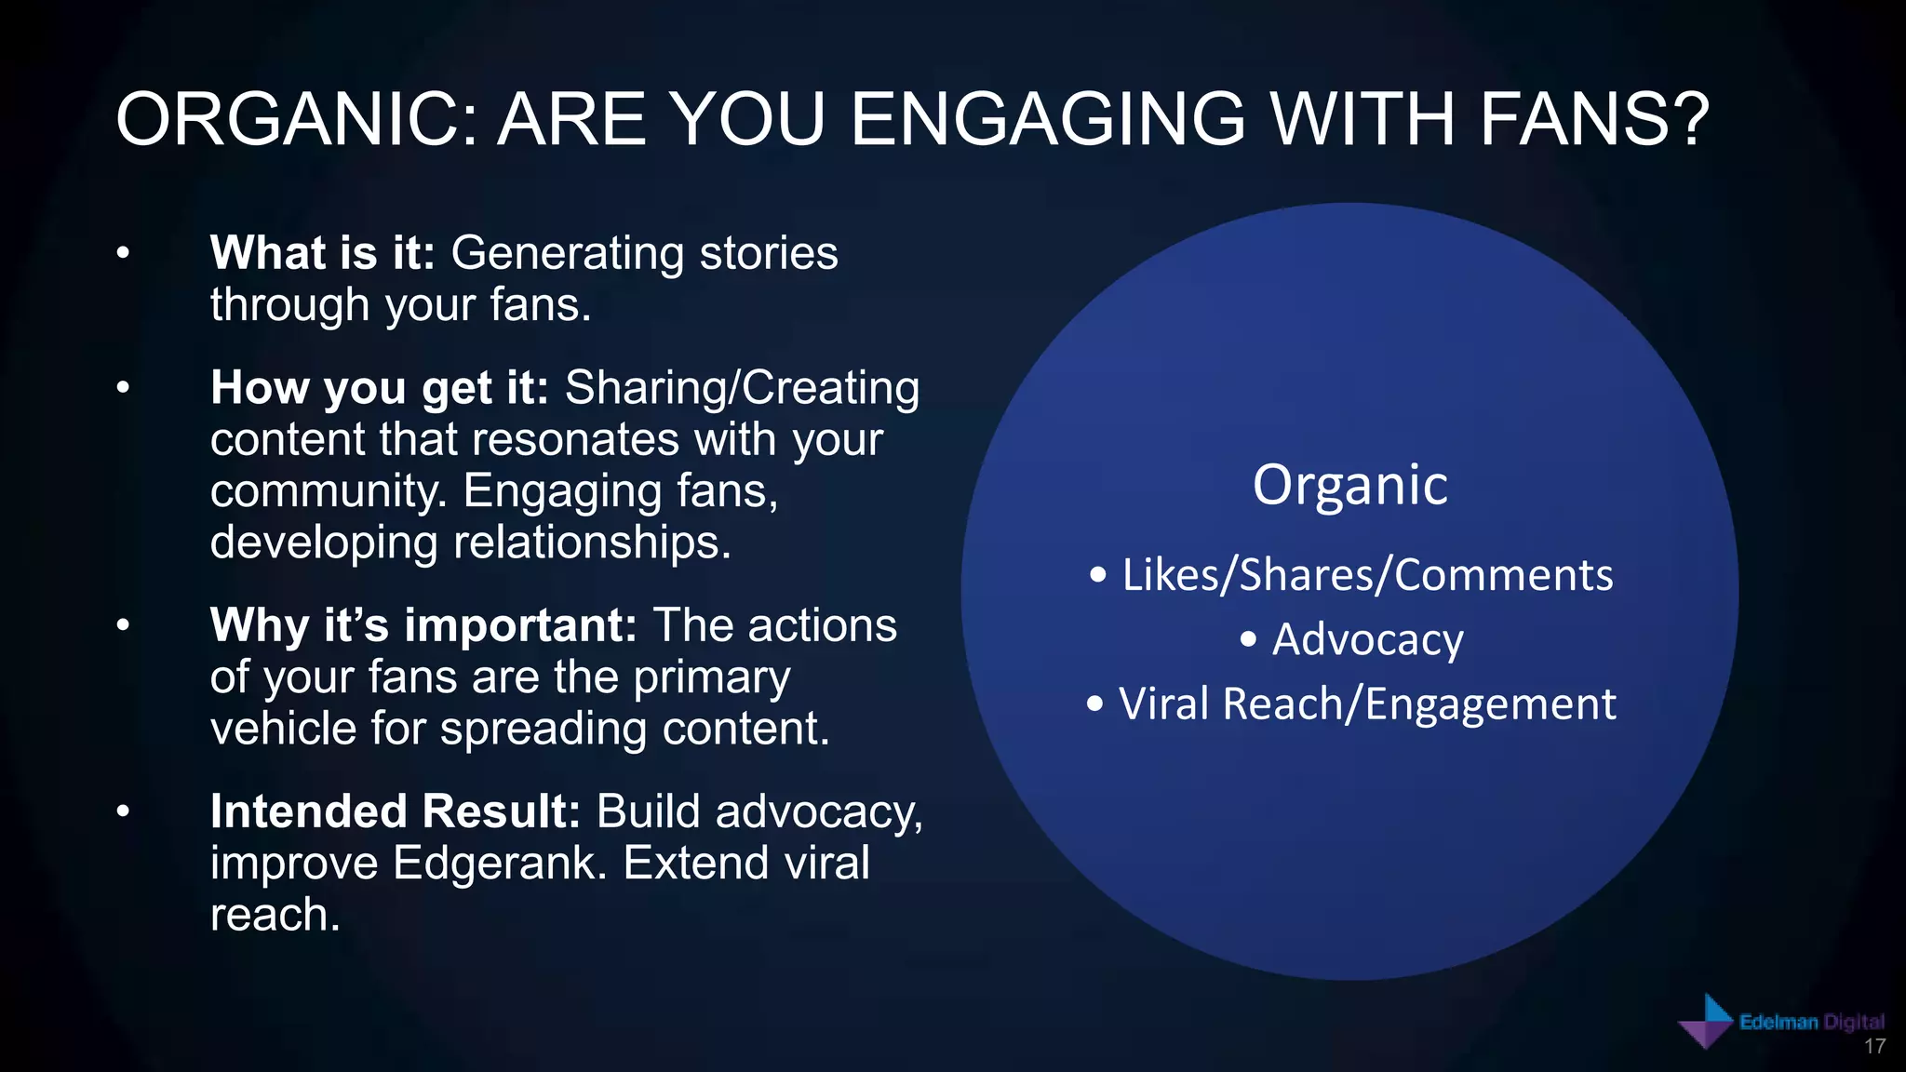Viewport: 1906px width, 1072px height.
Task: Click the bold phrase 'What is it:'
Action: [322, 253]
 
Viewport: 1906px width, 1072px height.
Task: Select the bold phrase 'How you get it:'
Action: [380, 388]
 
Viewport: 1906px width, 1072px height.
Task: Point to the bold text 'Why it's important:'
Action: [423, 625]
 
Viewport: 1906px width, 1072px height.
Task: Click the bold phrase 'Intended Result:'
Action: [396, 811]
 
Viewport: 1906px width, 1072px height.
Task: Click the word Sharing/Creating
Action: [742, 388]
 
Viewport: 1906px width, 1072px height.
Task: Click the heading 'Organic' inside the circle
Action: [1349, 485]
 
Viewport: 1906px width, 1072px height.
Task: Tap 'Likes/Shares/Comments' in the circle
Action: [1366, 575]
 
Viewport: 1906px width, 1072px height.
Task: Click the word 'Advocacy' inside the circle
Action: [1366, 640]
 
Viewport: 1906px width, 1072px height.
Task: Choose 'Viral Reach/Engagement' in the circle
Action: [1366, 704]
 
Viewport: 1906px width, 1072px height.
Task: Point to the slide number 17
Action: [1874, 1047]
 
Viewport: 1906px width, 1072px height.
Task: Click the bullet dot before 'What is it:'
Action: [123, 253]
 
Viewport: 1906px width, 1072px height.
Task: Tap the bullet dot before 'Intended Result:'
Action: [123, 811]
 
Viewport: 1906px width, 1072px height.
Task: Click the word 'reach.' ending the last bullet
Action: [275, 915]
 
